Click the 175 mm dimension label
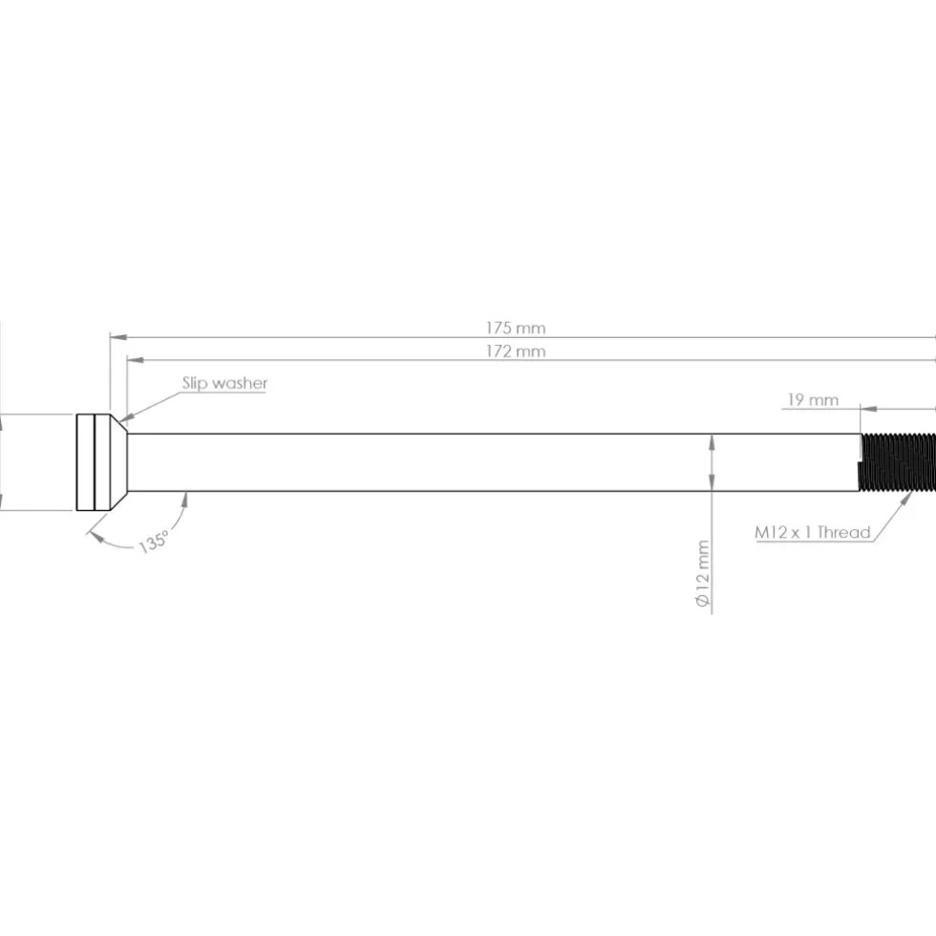click(515, 328)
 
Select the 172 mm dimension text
click(515, 351)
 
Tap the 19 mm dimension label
click(813, 399)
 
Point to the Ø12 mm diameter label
click(703, 574)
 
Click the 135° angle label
click(154, 542)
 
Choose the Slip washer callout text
click(224, 383)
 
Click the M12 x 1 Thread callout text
click(813, 532)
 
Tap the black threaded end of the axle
click(897, 462)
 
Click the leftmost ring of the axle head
click(86, 462)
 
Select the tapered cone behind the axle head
click(118, 462)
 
